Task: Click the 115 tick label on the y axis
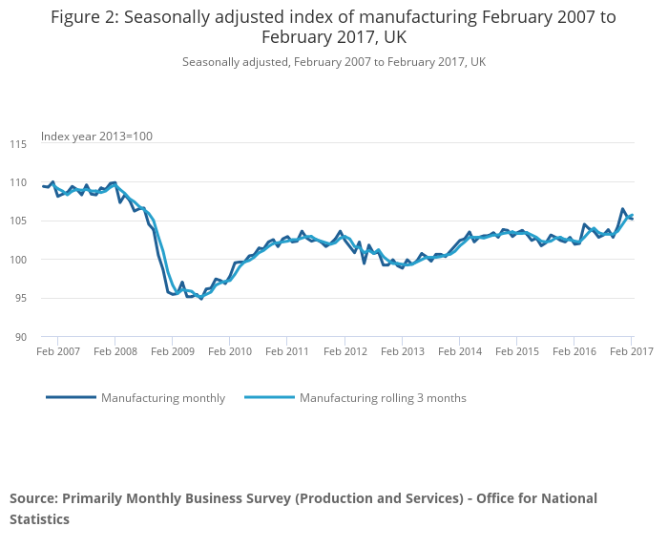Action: point(18,144)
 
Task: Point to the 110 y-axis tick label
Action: point(18,182)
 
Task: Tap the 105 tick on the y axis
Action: point(18,221)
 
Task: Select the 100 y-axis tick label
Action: point(18,260)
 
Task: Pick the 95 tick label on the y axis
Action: point(20,298)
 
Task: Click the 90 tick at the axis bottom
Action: point(20,337)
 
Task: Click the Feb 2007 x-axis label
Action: point(57,351)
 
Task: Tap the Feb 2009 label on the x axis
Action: point(172,351)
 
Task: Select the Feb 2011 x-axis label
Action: point(286,351)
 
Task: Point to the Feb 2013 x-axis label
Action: point(402,351)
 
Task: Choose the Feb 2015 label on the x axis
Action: point(516,351)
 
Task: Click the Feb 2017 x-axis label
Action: point(631,351)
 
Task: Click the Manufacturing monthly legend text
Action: point(163,398)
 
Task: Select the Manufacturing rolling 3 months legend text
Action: point(383,398)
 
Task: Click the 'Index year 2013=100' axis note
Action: point(96,137)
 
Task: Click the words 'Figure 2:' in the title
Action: point(86,17)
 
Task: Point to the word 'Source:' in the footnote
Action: point(33,498)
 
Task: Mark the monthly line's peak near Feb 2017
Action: point(622,209)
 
